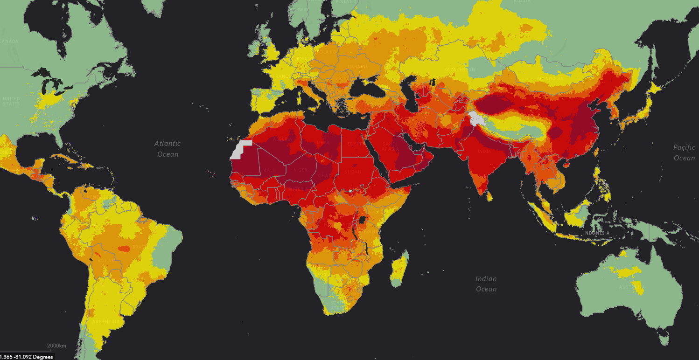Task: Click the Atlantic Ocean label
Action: pos(168,149)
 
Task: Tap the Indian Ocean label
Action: pos(486,284)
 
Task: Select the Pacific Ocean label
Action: pos(684,152)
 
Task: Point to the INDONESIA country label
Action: pos(596,233)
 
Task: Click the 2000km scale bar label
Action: pos(56,346)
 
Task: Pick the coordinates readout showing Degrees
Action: pos(27,357)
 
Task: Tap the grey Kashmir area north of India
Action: pos(476,118)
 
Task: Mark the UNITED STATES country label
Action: pos(11,101)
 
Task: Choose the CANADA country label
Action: pos(9,42)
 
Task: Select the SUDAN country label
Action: pos(353,172)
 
